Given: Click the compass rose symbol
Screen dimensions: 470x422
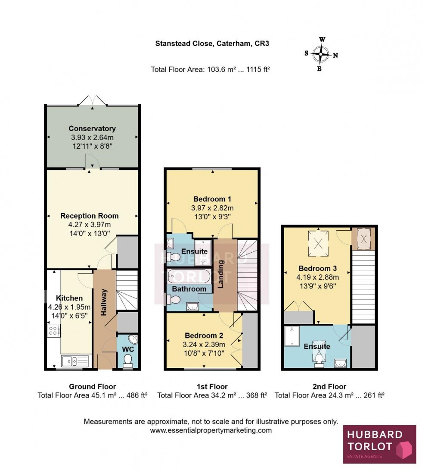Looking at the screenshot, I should click(321, 55).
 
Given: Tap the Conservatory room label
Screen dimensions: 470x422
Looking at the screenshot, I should click(92, 128).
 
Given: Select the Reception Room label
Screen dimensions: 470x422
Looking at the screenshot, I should click(89, 216).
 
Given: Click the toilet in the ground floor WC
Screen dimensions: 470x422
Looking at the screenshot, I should click(128, 360).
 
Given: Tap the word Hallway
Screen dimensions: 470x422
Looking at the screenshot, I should click(104, 303).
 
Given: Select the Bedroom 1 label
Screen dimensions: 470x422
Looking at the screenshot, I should click(212, 199).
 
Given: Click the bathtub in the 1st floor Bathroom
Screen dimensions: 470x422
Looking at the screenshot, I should click(189, 275).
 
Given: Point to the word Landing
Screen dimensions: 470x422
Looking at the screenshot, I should click(220, 274).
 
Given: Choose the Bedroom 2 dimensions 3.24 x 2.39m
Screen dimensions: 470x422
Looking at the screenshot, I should click(205, 344).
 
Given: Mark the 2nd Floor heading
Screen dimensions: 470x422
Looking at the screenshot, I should click(329, 387).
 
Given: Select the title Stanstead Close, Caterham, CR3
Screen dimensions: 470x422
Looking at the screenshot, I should click(212, 43).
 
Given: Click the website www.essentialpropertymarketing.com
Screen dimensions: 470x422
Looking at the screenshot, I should click(211, 430).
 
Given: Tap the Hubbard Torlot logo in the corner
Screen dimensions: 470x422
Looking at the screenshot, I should click(379, 444).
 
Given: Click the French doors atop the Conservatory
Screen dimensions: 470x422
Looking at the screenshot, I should click(93, 100).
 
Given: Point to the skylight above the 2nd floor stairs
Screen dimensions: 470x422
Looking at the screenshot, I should click(364, 238).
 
